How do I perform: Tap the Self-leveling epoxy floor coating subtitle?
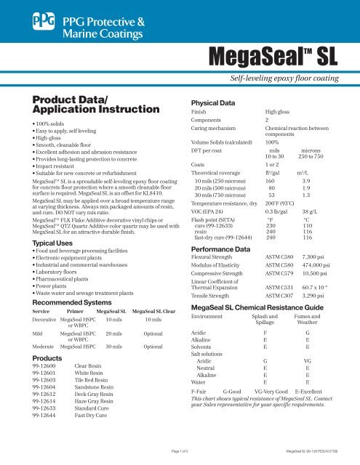pyautogui.click(x=292, y=76)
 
